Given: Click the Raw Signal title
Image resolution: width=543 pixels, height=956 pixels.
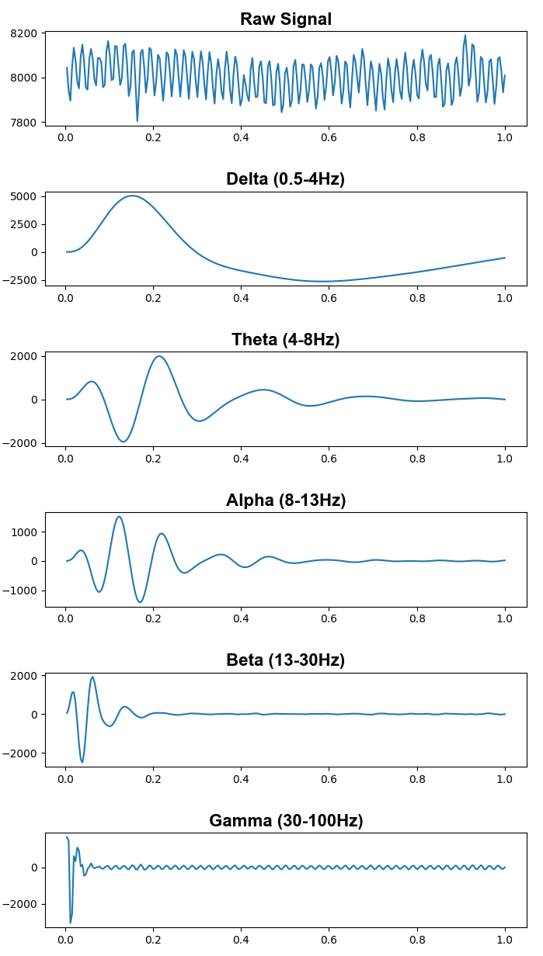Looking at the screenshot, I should pyautogui.click(x=285, y=19).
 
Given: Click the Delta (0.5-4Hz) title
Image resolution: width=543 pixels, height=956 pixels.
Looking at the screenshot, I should pyautogui.click(x=285, y=179).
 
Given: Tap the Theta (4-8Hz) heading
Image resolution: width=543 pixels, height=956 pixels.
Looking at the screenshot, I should pyautogui.click(x=285, y=340).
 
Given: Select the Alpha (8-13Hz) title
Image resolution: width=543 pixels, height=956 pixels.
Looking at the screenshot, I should pyautogui.click(x=285, y=501).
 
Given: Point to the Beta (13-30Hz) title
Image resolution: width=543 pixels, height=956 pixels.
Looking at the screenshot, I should pyautogui.click(x=285, y=660).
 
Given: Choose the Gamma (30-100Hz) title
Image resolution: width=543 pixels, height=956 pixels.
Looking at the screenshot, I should pyautogui.click(x=285, y=821).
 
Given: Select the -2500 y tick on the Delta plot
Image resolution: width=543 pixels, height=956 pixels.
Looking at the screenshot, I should pyautogui.click(x=20, y=280).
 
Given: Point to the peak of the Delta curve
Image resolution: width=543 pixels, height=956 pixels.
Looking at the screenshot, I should pyautogui.click(x=133, y=196).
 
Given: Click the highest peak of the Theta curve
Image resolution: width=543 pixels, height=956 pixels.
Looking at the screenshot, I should pyautogui.click(x=159, y=356).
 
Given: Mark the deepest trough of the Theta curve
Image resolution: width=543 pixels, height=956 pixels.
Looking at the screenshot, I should pyautogui.click(x=123, y=442).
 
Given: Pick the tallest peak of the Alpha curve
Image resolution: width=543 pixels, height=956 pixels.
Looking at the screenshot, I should pyautogui.click(x=119, y=516).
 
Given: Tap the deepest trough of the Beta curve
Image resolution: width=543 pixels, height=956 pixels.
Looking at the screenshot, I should pyautogui.click(x=82, y=762).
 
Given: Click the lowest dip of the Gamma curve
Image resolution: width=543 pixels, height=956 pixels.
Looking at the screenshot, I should pyautogui.click(x=71, y=923).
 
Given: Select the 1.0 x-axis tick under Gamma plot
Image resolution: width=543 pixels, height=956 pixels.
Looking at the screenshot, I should pyautogui.click(x=505, y=941).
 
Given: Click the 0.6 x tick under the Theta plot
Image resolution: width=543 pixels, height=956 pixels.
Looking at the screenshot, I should pyautogui.click(x=329, y=459).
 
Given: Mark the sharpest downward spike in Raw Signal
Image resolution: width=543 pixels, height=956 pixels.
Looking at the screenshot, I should pyautogui.click(x=137, y=120).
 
